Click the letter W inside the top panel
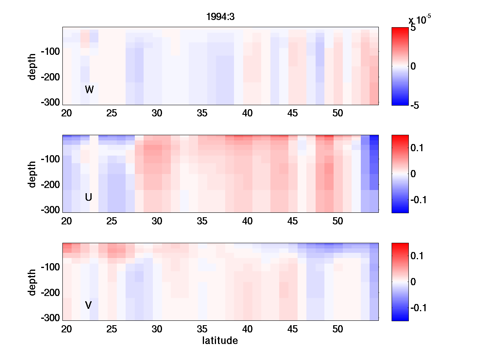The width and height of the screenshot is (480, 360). [89, 90]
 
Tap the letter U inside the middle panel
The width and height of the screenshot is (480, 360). [88, 197]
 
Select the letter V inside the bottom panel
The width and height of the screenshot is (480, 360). [88, 305]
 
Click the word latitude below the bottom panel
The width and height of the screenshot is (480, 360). [220, 341]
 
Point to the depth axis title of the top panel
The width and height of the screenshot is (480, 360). [32, 66]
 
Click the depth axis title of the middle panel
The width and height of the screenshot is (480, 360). [32, 174]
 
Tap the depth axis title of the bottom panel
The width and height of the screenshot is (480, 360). [32, 282]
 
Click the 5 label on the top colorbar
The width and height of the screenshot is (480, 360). [413, 28]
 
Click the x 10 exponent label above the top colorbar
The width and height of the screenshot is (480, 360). [420, 19]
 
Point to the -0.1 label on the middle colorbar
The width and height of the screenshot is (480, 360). [418, 199]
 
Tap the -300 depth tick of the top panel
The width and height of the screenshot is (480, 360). [50, 102]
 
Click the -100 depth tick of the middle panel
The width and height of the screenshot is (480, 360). [50, 159]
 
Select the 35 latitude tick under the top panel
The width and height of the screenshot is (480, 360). [202, 113]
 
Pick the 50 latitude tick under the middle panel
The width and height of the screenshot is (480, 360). [338, 221]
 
